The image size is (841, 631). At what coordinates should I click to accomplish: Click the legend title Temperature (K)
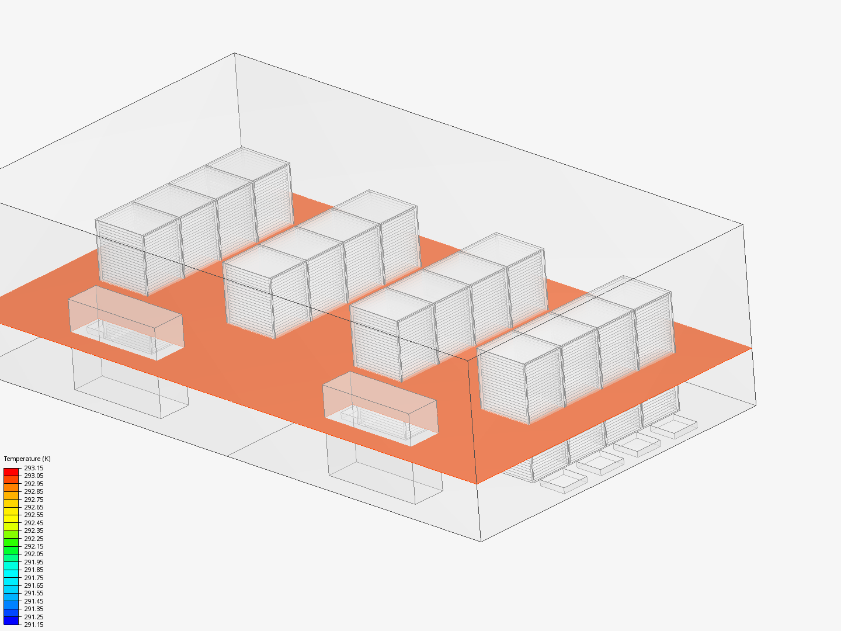(x=27, y=459)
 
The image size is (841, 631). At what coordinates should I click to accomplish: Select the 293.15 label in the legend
(x=33, y=468)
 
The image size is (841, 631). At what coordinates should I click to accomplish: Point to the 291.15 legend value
(x=33, y=625)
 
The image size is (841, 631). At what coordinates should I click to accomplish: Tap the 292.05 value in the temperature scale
(x=33, y=554)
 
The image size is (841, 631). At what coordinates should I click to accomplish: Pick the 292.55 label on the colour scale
(x=33, y=515)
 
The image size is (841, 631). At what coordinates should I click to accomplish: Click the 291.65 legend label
(x=33, y=585)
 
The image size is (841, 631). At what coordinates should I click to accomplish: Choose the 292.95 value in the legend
(x=33, y=484)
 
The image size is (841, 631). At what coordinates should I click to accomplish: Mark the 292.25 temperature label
(x=33, y=539)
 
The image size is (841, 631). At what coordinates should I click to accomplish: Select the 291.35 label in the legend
(x=33, y=609)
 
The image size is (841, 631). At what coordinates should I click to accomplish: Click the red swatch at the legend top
(x=11, y=471)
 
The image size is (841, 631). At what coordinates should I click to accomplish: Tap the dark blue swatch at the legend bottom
(x=11, y=620)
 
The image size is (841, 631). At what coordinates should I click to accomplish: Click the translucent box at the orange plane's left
(x=126, y=323)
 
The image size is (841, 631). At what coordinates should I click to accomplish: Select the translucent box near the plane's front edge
(x=380, y=408)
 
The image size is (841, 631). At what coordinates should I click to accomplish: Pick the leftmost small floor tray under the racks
(x=564, y=483)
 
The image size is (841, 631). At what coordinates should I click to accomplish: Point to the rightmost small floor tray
(x=674, y=428)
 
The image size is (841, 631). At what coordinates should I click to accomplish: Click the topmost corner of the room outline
(x=235, y=53)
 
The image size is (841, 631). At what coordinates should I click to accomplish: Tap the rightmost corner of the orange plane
(x=751, y=348)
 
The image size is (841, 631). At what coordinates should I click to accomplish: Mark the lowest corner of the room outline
(x=481, y=542)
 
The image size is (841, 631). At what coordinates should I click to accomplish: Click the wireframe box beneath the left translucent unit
(x=130, y=383)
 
